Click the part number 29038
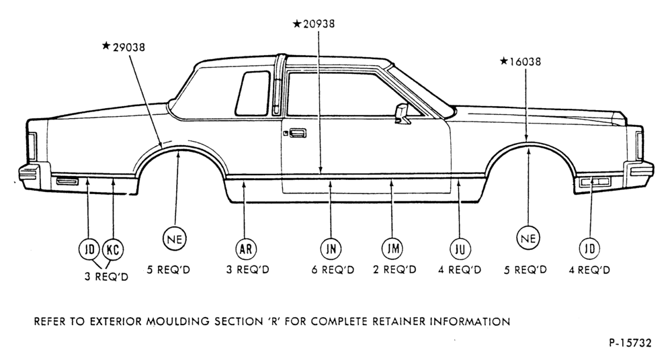coord(128,47)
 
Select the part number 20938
coord(319,24)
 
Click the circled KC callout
coord(113,249)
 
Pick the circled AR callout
coord(246,249)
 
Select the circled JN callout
coord(331,249)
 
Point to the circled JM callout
coord(392,248)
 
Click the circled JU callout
coord(460,249)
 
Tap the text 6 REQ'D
coord(333,271)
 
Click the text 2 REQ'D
coord(394,270)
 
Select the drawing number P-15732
coord(630,343)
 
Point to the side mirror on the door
coord(403,113)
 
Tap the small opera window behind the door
coord(253,93)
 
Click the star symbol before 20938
coord(297,24)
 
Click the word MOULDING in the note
coord(179,322)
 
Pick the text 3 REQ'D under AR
coord(248,271)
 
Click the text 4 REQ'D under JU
coord(460,271)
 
